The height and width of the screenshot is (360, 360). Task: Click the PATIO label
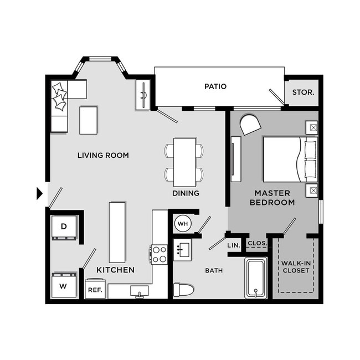click(x=215, y=86)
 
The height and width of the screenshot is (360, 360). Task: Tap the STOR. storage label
click(x=303, y=92)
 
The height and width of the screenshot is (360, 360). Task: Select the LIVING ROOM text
click(x=103, y=155)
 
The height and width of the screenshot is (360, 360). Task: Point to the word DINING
click(x=185, y=193)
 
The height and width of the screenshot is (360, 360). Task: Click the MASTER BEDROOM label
click(x=275, y=197)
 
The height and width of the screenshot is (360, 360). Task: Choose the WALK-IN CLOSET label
click(x=296, y=266)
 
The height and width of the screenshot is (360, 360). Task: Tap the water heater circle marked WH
click(x=183, y=224)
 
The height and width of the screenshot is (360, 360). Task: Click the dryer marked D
click(x=64, y=227)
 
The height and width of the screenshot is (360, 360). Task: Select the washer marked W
click(x=63, y=286)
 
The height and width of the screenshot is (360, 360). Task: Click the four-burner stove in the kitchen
click(x=160, y=254)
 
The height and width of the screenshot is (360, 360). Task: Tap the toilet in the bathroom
click(x=184, y=290)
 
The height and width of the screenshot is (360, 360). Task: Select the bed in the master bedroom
click(x=289, y=158)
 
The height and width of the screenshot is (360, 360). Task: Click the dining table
click(x=184, y=162)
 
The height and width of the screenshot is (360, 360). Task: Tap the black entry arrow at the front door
click(x=39, y=193)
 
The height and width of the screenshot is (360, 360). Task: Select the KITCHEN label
click(x=115, y=270)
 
